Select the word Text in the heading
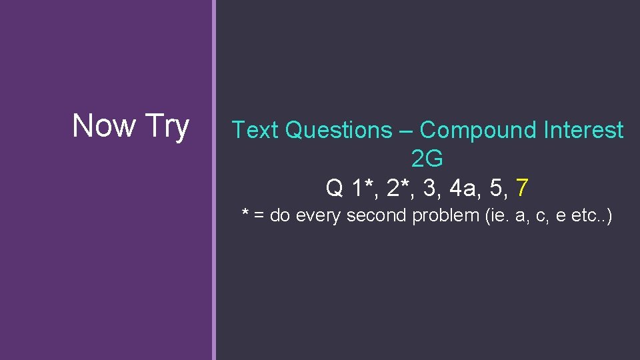click(255, 131)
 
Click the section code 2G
click(427, 159)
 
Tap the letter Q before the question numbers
click(334, 189)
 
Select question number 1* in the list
click(361, 188)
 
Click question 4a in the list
click(464, 188)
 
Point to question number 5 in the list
click(497, 188)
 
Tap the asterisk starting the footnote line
click(245, 214)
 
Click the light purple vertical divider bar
click(214, 180)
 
